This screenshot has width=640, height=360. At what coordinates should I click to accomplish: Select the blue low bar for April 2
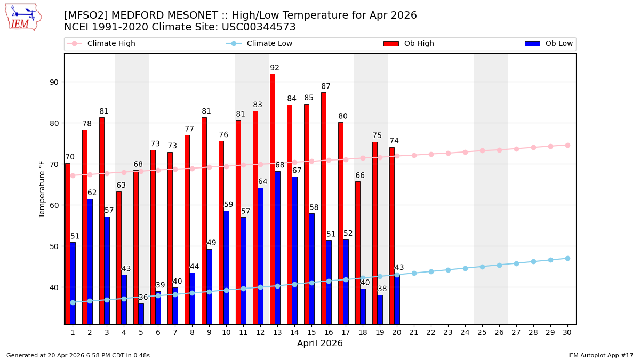pos(90,261)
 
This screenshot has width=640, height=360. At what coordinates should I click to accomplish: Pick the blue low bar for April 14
pos(294,250)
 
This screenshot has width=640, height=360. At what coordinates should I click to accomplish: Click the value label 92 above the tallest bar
pos(275,68)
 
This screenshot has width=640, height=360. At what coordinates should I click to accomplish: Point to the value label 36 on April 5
pos(143,298)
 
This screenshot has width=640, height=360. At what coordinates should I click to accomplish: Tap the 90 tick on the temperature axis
pos(55,82)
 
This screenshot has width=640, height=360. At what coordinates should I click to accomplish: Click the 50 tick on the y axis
pos(55,246)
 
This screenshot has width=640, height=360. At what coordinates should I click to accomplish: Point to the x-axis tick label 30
pos(567,332)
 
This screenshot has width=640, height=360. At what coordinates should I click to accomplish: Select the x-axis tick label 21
pos(414,332)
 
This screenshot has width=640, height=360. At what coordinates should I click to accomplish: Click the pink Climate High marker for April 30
pos(567,145)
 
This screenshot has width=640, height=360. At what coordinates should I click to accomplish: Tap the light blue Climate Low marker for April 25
pos(482,267)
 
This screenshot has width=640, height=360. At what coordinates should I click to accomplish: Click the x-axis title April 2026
pos(320,344)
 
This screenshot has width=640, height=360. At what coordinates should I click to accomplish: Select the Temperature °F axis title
pos(42,189)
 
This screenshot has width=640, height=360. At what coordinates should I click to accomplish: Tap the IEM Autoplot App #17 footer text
pos(601,355)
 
